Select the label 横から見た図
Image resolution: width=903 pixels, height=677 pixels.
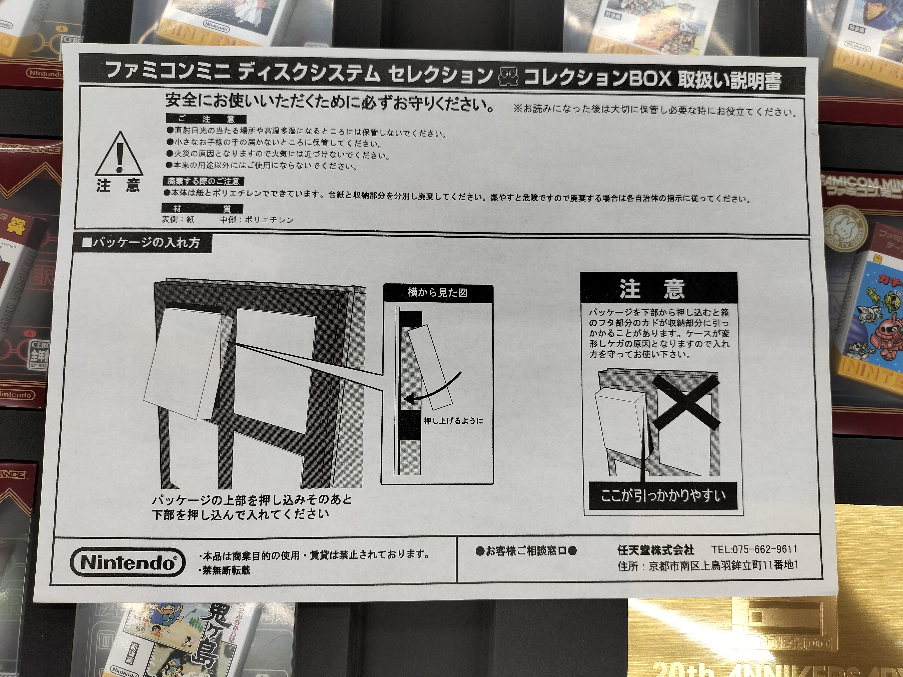tap(437, 293)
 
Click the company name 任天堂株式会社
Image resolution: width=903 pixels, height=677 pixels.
tap(656, 550)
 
